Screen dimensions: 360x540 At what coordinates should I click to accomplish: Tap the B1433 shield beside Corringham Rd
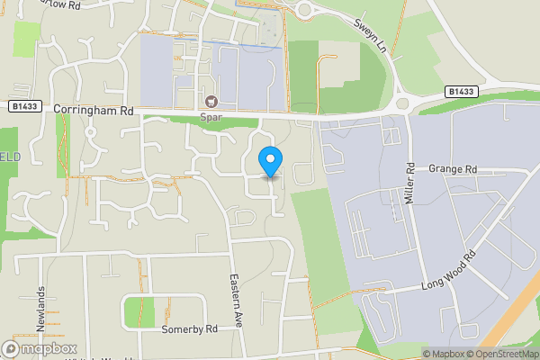pyautogui.click(x=23, y=106)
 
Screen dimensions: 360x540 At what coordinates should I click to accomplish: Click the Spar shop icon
pyautogui.click(x=212, y=102)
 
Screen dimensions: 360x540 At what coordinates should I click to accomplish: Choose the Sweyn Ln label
pyautogui.click(x=369, y=33)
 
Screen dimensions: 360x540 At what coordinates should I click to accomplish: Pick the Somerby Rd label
pyautogui.click(x=190, y=329)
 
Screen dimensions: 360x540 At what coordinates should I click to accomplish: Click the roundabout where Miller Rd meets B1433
pyautogui.click(x=402, y=104)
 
